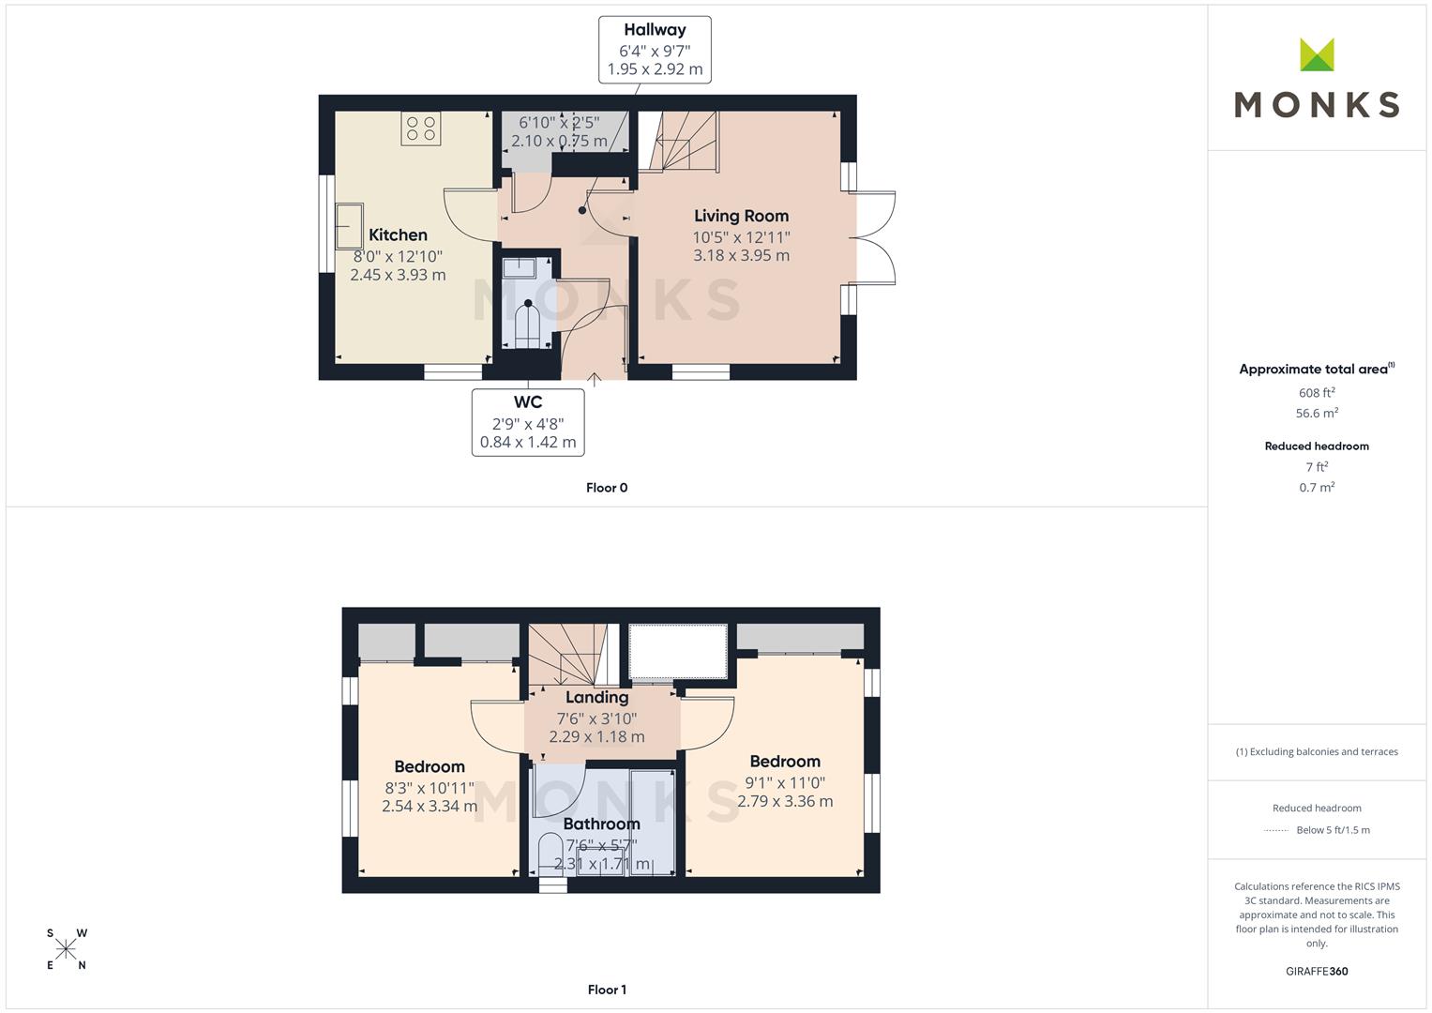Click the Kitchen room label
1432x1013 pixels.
(398, 234)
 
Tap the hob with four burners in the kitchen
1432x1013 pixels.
(421, 128)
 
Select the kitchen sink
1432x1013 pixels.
(349, 226)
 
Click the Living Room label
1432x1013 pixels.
(741, 216)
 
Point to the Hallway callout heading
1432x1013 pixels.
(655, 30)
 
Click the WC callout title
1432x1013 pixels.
(527, 402)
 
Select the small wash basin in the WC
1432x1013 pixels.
(519, 267)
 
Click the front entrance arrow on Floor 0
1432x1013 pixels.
(594, 380)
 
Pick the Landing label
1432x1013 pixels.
(596, 697)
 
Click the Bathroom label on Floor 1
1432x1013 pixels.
(601, 824)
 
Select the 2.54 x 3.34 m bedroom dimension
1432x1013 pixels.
(429, 807)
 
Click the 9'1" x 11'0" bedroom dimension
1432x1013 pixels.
(784, 783)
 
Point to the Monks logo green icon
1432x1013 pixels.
(1317, 54)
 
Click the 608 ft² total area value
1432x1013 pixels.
(1317, 393)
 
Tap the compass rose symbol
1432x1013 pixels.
(66, 949)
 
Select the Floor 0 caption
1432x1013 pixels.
(607, 488)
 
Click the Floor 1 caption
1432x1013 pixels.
(607, 990)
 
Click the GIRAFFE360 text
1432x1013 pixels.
(1317, 972)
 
